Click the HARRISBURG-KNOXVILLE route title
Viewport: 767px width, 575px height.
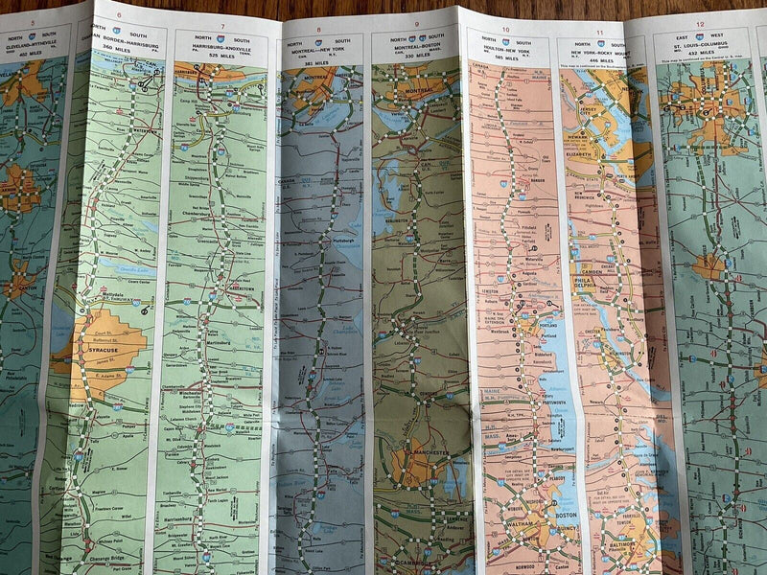click(222, 49)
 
